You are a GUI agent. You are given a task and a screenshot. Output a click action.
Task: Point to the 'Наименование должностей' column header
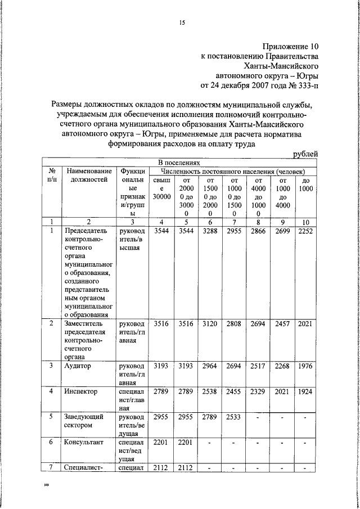[89, 175]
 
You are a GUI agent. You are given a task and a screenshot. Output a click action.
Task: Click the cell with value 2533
[235, 417]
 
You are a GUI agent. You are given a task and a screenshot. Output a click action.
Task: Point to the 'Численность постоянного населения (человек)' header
[232, 170]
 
